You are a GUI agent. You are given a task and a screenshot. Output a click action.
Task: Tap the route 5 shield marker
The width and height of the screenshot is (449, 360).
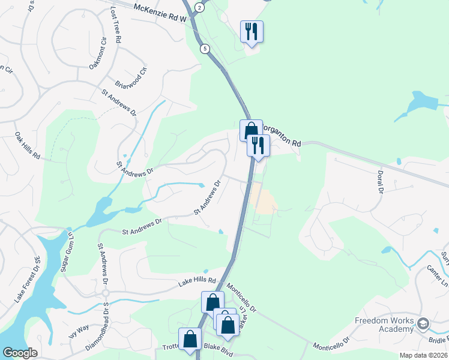[205, 49]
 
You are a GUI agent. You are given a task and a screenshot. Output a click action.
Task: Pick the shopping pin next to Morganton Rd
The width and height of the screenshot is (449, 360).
[251, 130]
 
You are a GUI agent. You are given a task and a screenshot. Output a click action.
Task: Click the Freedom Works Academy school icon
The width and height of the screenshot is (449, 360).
[424, 324]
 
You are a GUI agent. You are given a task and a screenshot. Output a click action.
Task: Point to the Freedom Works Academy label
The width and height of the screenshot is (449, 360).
[384, 324]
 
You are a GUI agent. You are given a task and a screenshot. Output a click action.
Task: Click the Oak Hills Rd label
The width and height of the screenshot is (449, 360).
[27, 146]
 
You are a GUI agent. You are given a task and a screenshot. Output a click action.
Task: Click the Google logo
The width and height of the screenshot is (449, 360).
[20, 353]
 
